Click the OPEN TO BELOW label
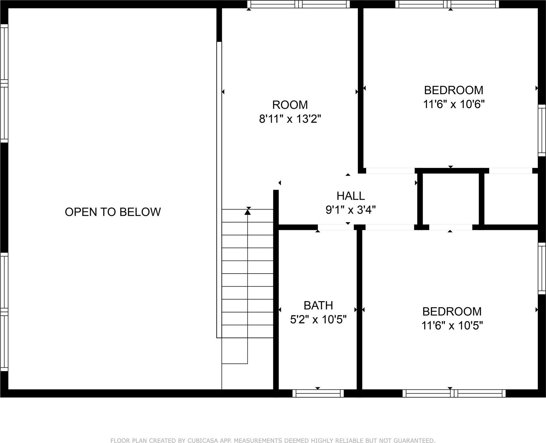coord(113,212)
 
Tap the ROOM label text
coord(290,105)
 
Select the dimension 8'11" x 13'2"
coord(290,119)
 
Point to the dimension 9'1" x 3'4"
coord(351,210)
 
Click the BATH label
coord(318,305)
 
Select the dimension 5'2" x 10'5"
coord(318,320)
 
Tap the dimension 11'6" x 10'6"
coord(453,105)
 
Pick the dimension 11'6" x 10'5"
coord(452,326)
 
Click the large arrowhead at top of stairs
coord(248,212)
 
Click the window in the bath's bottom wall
coord(318,394)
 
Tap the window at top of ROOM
coord(298,4)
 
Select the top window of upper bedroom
coord(447,4)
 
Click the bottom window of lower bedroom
coord(454,394)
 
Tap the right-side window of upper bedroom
coord(542,130)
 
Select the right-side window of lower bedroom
coord(542,268)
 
